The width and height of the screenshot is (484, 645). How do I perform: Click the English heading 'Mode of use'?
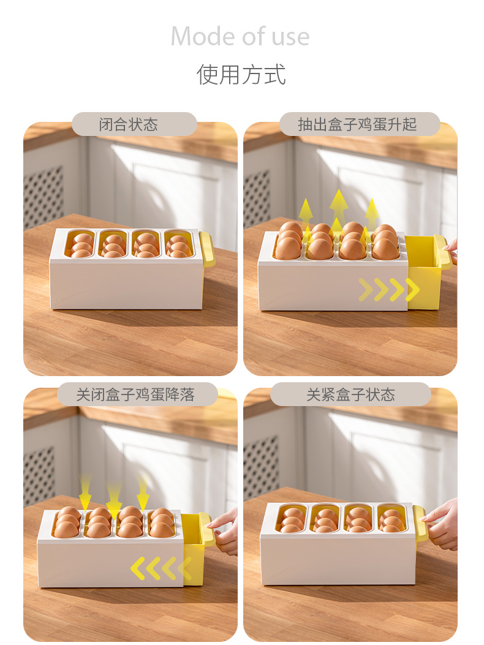click(240, 36)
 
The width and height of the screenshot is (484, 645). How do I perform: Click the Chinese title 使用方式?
click(241, 75)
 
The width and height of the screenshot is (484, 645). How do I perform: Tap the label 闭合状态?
click(128, 125)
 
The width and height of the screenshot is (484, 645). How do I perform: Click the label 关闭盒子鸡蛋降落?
click(135, 395)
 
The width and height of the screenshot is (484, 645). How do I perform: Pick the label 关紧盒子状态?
click(350, 395)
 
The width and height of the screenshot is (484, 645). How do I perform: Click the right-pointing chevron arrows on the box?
click(388, 290)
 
